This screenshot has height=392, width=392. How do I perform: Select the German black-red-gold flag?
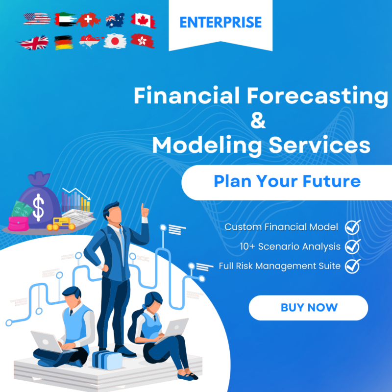coord(63,42)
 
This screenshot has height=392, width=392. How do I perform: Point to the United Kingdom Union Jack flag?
coord(35,42)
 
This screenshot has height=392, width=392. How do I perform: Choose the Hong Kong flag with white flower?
coord(143,41)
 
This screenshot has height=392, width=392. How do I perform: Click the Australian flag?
coord(115,20)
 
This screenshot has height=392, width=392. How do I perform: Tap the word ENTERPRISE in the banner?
coord(220,22)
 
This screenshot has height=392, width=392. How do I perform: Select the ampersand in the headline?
coord(258,121)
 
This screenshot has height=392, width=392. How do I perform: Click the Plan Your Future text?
coord(287,181)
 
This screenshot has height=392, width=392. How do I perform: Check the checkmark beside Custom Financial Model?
coord(352,227)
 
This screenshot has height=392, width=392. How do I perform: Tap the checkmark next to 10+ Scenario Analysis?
coord(352,246)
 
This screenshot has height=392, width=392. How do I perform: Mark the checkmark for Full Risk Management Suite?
coord(352,266)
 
